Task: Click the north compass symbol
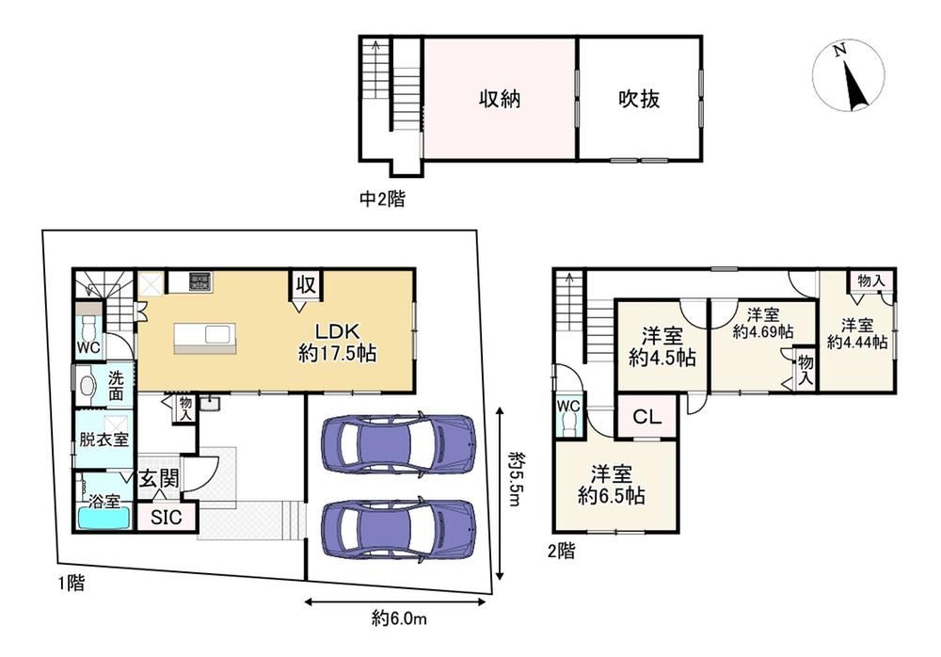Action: (x=849, y=75)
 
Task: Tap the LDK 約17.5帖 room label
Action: (x=337, y=343)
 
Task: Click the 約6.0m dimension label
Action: (x=399, y=617)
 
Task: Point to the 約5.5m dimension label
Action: (x=516, y=479)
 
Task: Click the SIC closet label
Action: (x=167, y=517)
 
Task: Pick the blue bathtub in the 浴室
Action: (x=104, y=519)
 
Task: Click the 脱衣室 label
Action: (x=104, y=439)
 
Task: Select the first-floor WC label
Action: (x=88, y=347)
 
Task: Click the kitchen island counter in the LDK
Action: (x=205, y=339)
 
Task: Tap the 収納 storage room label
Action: (x=500, y=99)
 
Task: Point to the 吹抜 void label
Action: (x=639, y=99)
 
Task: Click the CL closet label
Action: (x=647, y=416)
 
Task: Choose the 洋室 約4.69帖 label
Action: (x=763, y=323)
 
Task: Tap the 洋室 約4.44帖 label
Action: (x=857, y=334)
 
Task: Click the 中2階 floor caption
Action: (x=382, y=199)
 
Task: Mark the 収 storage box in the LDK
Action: (x=306, y=284)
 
